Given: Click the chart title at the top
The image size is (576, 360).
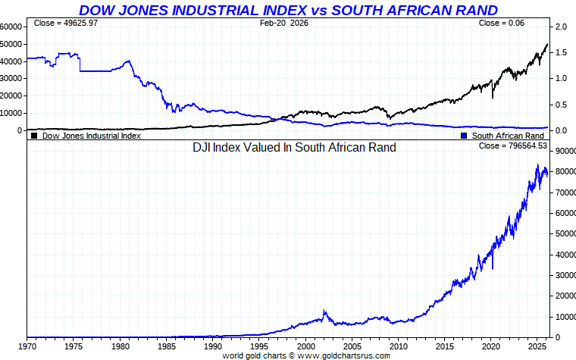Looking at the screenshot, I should [x=289, y=10].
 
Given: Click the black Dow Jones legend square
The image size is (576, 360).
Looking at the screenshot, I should [x=34, y=136].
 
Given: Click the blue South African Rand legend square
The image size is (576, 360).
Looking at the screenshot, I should [x=464, y=136].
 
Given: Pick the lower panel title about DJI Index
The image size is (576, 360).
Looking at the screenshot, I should [x=295, y=148].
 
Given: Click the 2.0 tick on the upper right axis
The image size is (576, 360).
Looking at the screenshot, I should [x=562, y=27].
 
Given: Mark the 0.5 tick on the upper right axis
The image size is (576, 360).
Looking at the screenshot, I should [x=562, y=105].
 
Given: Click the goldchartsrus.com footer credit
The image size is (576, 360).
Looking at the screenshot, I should [x=306, y=355].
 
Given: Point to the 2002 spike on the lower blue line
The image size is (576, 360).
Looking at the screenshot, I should [x=324, y=311].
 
